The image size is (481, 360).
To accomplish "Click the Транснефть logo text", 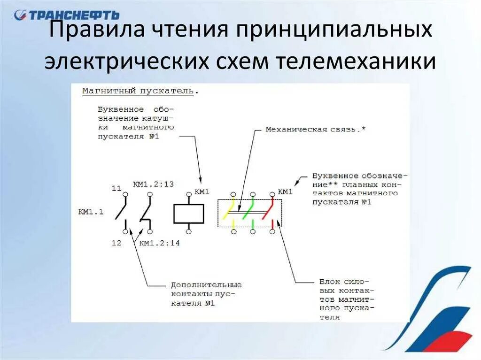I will [x=73, y=15].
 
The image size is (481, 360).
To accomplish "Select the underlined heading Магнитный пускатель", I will [x=138, y=91].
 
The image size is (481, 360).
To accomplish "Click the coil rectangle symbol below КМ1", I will [x=188, y=214].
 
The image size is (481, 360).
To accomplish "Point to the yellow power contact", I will [x=230, y=209].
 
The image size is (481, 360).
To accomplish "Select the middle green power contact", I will [x=249, y=209].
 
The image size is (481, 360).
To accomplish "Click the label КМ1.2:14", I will [x=160, y=243].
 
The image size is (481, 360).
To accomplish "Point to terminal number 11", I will [x=116, y=188].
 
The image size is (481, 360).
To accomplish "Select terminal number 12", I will [x=116, y=243].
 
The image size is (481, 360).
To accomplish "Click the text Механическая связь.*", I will [x=315, y=130].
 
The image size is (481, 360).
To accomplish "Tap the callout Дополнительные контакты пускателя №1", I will [x=206, y=294].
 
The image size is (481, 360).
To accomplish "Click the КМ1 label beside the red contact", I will [x=285, y=191].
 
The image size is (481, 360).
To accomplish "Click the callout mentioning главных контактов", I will [x=359, y=189].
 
